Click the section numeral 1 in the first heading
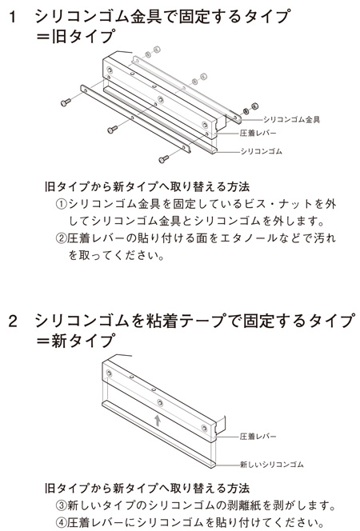[13, 17]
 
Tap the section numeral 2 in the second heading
[13, 321]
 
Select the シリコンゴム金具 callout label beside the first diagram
[291, 119]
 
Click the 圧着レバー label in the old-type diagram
[258, 133]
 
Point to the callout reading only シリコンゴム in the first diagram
[261, 151]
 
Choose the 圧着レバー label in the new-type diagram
[258, 437]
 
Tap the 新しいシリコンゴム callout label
[272, 465]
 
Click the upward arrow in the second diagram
[158, 421]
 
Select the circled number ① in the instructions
[61, 204]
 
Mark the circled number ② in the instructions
[61, 238]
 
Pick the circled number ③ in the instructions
[61, 505]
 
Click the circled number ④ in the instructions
[61, 522]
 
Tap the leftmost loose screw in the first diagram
[66, 102]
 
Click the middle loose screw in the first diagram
[113, 130]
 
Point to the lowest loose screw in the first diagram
[164, 158]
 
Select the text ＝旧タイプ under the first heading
[76, 36]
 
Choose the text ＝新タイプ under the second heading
[76, 341]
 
